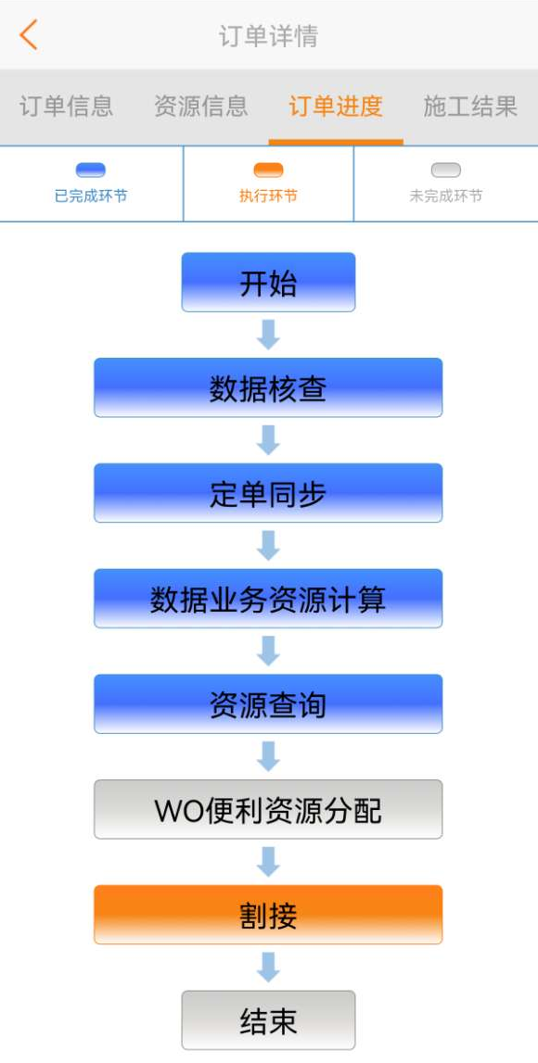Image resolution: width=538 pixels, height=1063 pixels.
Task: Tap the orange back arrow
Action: [x=29, y=34]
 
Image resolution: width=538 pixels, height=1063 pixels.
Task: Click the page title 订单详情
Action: [x=268, y=36]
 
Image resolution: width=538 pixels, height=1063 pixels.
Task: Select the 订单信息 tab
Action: [x=66, y=107]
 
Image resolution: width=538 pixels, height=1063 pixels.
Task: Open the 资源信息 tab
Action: [x=200, y=107]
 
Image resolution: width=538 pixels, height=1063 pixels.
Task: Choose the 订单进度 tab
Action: [x=336, y=107]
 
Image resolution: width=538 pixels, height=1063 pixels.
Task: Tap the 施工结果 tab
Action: [x=470, y=107]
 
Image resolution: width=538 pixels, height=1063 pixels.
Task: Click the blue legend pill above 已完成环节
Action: [x=91, y=171]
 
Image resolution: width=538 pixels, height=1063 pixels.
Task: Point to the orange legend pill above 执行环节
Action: [x=268, y=171]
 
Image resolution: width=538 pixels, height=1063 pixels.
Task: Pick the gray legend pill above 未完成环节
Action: [x=446, y=171]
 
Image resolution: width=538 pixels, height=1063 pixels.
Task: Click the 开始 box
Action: [x=268, y=282]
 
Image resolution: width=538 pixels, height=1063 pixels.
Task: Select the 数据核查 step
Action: [x=268, y=387]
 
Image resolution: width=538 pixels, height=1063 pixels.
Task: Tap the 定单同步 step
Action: [x=268, y=493]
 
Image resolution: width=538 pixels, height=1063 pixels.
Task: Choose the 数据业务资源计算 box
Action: [x=268, y=599]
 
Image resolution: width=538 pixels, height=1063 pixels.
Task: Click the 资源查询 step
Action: [x=268, y=703]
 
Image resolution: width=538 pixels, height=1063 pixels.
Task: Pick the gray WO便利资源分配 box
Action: [x=268, y=809]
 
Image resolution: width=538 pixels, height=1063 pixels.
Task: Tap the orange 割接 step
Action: [x=268, y=915]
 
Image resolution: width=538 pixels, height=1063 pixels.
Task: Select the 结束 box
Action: [x=268, y=1020]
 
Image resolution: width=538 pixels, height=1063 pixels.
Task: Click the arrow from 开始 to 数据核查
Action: [x=268, y=335]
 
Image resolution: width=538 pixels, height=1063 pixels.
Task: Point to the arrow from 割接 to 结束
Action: [x=268, y=968]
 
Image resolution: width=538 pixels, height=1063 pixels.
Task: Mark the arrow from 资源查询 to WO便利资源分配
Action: [x=268, y=756]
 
